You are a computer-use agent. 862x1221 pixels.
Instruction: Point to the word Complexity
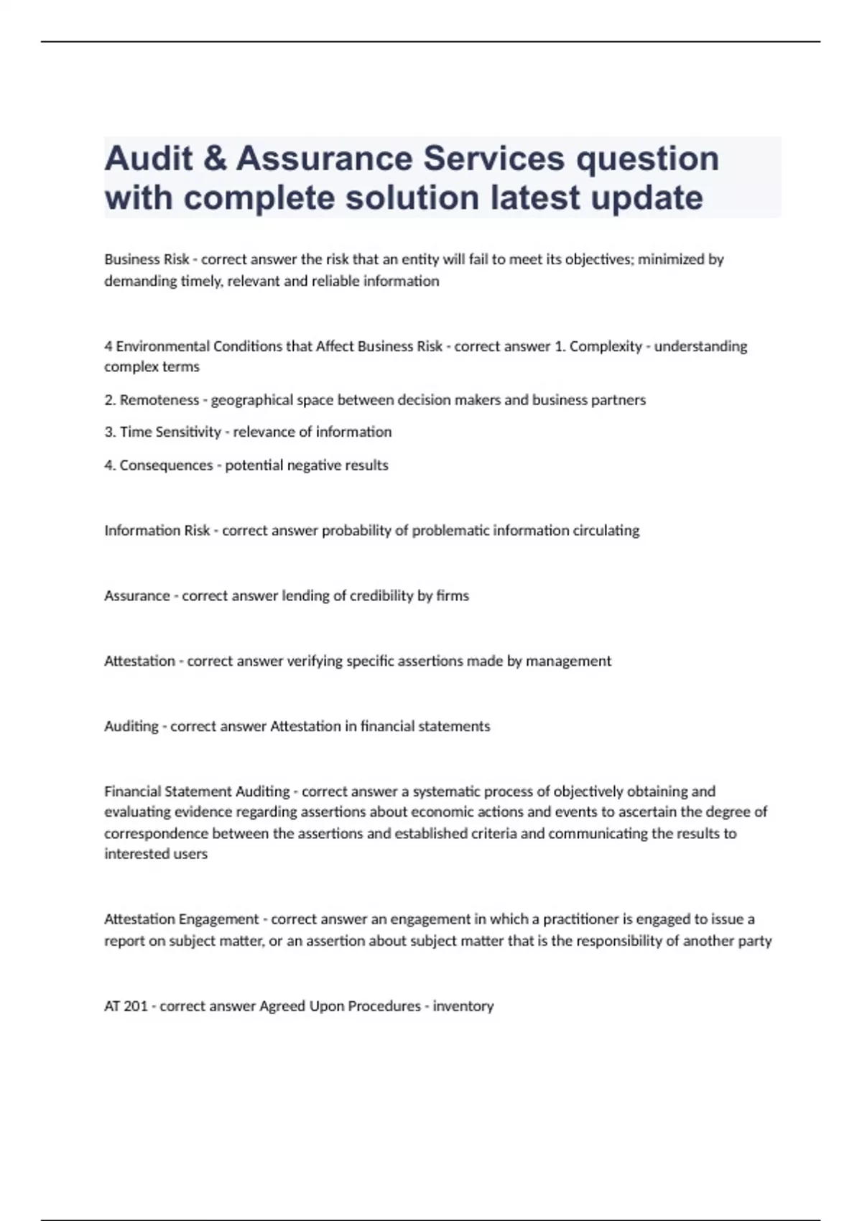tap(606, 346)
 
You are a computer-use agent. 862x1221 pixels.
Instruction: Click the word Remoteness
tap(159, 400)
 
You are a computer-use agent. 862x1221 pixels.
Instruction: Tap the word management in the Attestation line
tap(568, 661)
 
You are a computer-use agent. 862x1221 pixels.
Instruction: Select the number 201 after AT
tap(136, 1006)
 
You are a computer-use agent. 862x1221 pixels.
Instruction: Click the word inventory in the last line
tap(463, 1006)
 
